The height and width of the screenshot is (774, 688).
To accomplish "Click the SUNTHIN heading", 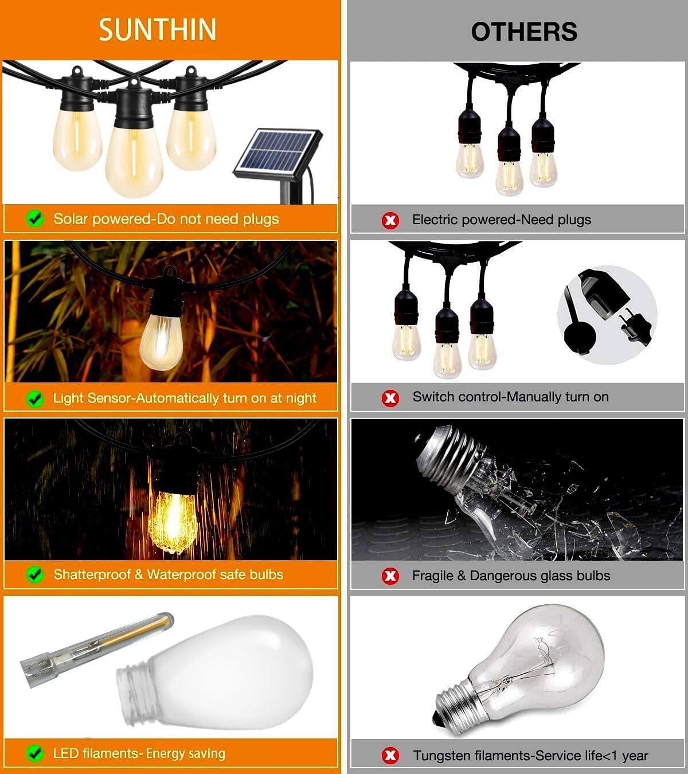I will [x=157, y=30].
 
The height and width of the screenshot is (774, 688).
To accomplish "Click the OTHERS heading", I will [x=523, y=32].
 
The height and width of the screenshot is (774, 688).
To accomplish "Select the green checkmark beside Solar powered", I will [x=35, y=218].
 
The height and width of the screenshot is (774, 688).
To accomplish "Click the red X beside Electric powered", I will [x=390, y=220].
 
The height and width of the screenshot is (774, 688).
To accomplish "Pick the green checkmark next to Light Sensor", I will [x=35, y=398].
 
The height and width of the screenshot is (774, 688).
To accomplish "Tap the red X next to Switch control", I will [x=390, y=397].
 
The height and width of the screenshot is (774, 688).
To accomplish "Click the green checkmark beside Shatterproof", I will [x=35, y=574].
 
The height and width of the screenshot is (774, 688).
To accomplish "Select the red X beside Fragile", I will [x=390, y=576].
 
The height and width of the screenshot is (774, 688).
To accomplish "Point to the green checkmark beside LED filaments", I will [x=35, y=753].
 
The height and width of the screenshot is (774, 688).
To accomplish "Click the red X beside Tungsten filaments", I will [x=390, y=756].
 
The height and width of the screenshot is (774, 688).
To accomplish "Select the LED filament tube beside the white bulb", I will [x=97, y=644].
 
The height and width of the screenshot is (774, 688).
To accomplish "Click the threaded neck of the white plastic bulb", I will [x=134, y=686].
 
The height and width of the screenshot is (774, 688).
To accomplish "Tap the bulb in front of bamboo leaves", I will [x=162, y=341].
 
